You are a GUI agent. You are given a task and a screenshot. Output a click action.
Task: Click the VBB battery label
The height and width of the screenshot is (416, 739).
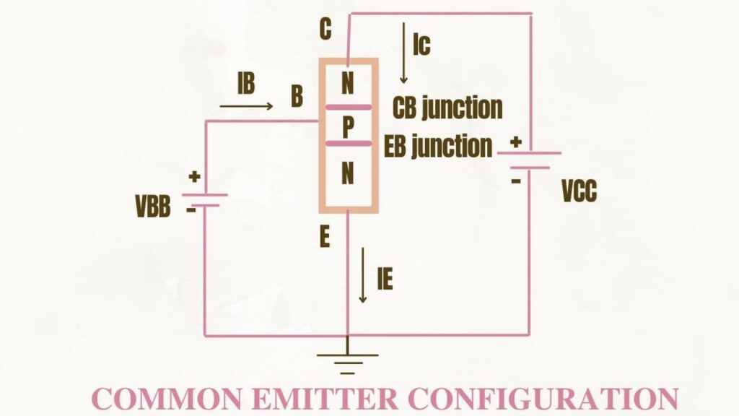(153, 207)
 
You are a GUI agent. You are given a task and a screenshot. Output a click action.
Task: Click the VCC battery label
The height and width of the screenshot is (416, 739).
(580, 192)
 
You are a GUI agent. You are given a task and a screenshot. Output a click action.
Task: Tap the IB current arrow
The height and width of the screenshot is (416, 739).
(246, 106)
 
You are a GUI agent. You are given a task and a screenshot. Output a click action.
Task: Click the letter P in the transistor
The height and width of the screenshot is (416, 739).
(348, 128)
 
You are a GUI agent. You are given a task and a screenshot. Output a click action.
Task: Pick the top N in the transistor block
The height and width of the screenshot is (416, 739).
(348, 84)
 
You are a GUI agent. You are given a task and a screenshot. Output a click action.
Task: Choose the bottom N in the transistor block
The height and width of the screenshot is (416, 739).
(348, 174)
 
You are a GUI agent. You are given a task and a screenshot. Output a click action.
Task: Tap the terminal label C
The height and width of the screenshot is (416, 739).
(325, 30)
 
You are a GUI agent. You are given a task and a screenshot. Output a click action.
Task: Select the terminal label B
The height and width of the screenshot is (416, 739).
(297, 97)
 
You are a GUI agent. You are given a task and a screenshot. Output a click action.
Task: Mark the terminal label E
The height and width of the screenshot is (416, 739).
(325, 238)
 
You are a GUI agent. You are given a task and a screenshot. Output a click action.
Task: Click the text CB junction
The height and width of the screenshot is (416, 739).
(447, 108)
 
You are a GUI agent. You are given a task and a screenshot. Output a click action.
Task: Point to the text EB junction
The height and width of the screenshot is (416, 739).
(438, 147)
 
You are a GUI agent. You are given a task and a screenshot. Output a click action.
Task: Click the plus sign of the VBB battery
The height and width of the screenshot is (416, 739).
(194, 177)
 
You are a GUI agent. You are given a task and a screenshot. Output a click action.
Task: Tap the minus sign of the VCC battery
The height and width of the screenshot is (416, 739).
(515, 180)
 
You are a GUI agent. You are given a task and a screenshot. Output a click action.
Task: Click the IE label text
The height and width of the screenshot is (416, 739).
(385, 279)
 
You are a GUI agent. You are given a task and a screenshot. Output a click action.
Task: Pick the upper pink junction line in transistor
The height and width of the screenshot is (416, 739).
(348, 107)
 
